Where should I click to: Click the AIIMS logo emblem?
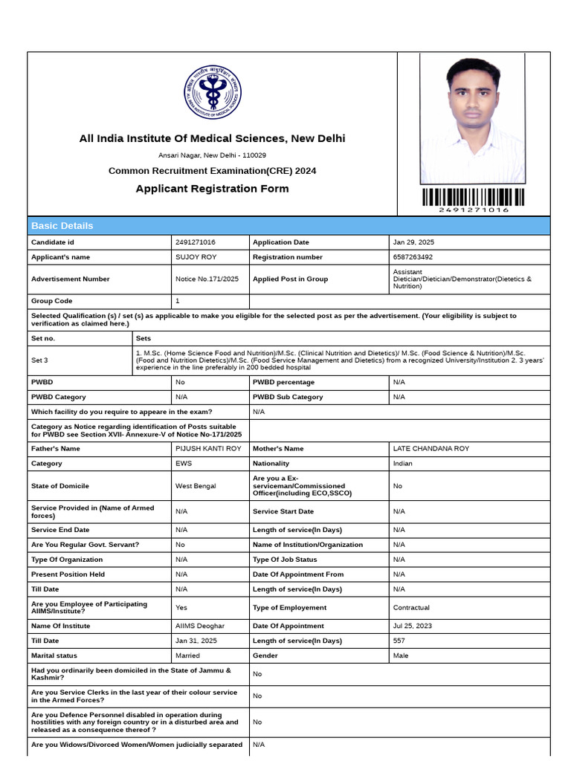213,94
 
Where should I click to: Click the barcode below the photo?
474,197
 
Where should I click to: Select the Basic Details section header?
62,226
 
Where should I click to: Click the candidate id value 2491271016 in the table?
196,242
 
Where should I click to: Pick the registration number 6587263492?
413,257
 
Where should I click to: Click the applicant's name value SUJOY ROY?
196,257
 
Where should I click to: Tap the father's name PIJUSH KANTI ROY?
208,449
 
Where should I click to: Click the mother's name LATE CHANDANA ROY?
431,449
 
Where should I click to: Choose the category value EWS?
184,464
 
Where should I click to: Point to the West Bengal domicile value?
196,486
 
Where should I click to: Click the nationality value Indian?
403,464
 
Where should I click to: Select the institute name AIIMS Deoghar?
200,626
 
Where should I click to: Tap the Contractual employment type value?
411,608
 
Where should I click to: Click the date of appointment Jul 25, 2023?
413,626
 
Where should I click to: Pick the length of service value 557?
399,641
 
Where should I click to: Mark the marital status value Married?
187,655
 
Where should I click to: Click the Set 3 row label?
40,360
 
